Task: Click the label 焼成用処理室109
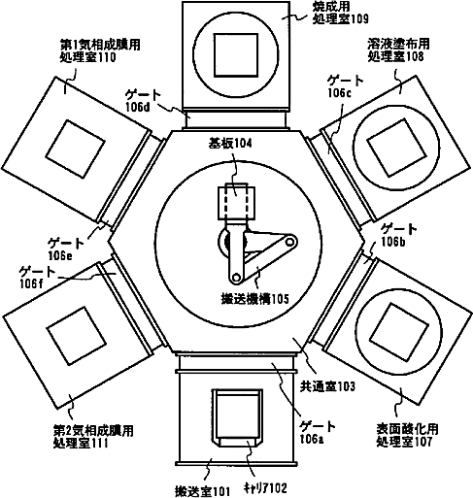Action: tap(340, 14)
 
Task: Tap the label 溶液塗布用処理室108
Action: tap(398, 50)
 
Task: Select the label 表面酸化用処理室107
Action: tap(407, 435)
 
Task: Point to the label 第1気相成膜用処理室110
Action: tap(100, 50)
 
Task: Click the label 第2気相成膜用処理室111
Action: tap(93, 437)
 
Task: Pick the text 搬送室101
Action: tap(202, 491)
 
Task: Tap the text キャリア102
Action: tap(265, 487)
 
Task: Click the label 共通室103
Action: tap(327, 386)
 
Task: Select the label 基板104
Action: tap(230, 144)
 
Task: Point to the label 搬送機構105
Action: tap(254, 299)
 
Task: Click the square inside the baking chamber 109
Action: tap(236, 55)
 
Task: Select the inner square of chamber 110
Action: tap(75, 149)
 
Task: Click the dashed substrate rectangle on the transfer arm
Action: tap(236, 202)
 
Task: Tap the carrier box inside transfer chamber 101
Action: tap(237, 418)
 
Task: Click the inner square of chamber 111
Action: tap(77, 336)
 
